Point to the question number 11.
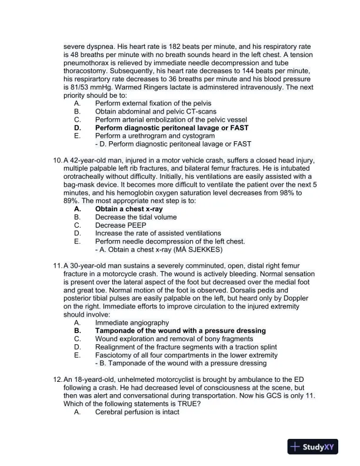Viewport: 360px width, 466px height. [x=57, y=265]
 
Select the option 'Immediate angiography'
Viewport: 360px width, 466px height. [x=132, y=322]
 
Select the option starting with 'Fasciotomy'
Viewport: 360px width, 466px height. [x=186, y=355]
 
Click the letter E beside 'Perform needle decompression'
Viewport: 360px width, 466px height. [x=77, y=241]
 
